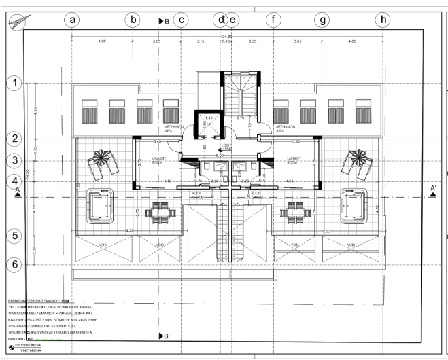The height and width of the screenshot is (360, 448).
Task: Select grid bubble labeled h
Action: tap(384, 20)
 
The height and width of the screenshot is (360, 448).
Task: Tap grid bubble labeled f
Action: tap(274, 20)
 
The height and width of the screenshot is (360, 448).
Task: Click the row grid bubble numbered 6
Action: tap(12, 263)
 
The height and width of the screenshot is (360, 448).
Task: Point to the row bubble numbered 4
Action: tap(12, 181)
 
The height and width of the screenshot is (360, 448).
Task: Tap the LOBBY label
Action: tap(226, 145)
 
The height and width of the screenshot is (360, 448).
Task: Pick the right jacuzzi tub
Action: tap(355, 204)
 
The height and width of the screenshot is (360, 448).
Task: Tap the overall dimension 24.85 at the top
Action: tap(226, 36)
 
